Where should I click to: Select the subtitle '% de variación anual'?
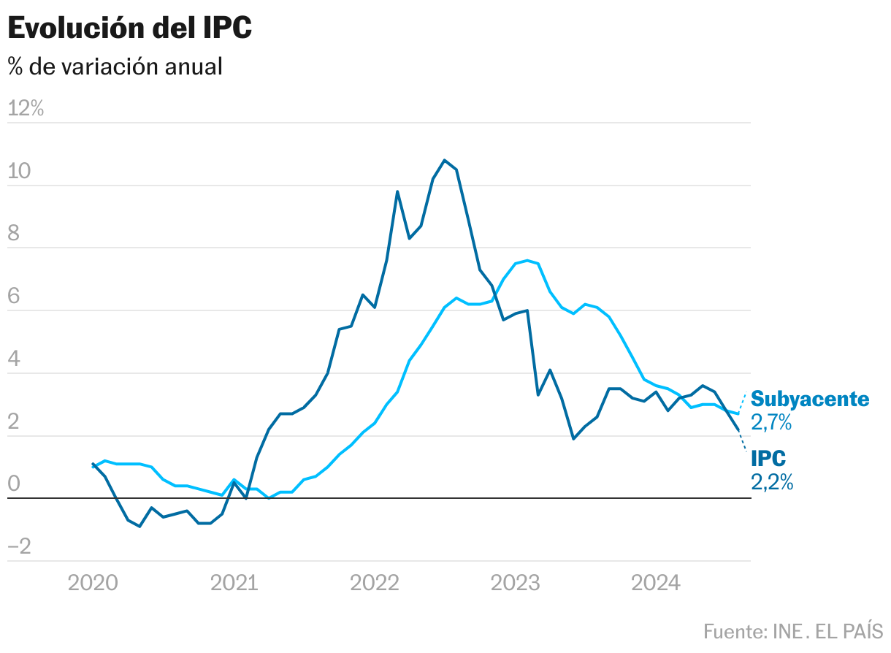pyautogui.click(x=115, y=66)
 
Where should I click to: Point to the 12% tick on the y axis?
pyautogui.click(x=26, y=109)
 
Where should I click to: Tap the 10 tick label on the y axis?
pyautogui.click(x=20, y=172)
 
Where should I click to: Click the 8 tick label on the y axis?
pyautogui.click(x=15, y=234)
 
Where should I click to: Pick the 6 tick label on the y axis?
pyautogui.click(x=15, y=297)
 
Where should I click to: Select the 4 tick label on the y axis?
pyautogui.click(x=15, y=360)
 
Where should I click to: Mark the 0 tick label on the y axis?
pyautogui.click(x=15, y=485)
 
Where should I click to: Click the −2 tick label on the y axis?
pyautogui.click(x=20, y=548)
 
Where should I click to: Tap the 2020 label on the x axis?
pyautogui.click(x=92, y=583)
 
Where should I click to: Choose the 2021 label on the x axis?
pyautogui.click(x=234, y=583)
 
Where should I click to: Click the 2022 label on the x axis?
pyautogui.click(x=375, y=583)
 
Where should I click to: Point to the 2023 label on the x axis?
pyautogui.click(x=516, y=583)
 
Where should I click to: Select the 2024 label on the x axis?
pyautogui.click(x=656, y=583)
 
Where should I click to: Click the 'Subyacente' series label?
pyautogui.click(x=810, y=399)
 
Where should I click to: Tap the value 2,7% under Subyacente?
pyautogui.click(x=772, y=422)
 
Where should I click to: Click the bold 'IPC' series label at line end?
pyautogui.click(x=768, y=459)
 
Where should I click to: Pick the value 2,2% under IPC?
pyautogui.click(x=772, y=482)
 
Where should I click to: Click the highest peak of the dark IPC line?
pyautogui.click(x=445, y=160)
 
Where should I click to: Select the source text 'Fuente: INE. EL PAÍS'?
pyautogui.click(x=793, y=630)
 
